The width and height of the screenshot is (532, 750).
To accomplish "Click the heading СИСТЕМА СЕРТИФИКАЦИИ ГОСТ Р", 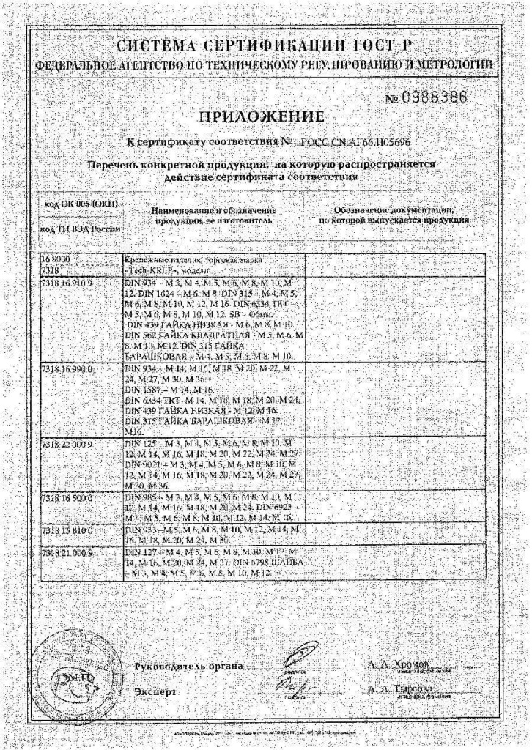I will tap(265, 45).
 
